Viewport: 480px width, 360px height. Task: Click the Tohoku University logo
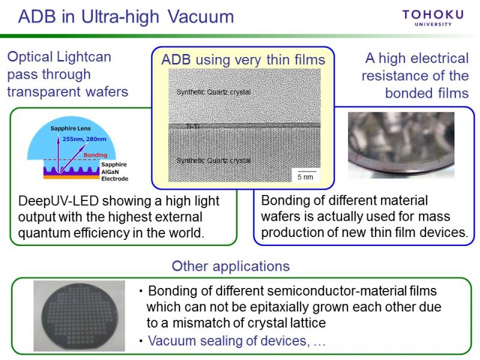pyautogui.click(x=433, y=18)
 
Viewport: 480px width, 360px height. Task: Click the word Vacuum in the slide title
pyautogui.click(x=201, y=17)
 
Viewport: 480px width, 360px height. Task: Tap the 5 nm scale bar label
pyautogui.click(x=305, y=177)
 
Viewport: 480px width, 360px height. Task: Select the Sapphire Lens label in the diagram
pyautogui.click(x=70, y=128)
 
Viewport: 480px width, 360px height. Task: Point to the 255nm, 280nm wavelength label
pyautogui.click(x=85, y=139)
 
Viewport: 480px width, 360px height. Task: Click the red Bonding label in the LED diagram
pyautogui.click(x=95, y=155)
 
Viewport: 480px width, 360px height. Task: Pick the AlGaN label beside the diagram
pyautogui.click(x=110, y=172)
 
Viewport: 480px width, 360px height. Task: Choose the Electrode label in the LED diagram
pyautogui.click(x=115, y=178)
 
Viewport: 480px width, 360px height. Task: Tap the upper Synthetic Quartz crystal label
pyautogui.click(x=214, y=92)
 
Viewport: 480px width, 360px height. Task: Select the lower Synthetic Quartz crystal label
pyautogui.click(x=214, y=160)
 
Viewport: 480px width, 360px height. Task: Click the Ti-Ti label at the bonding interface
pyautogui.click(x=193, y=126)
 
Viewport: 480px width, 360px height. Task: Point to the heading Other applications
pyautogui.click(x=230, y=266)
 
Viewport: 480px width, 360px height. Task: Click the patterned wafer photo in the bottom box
pyautogui.click(x=79, y=316)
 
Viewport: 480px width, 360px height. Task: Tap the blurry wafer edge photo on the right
pyautogui.click(x=401, y=145)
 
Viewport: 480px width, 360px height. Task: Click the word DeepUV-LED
pyautogui.click(x=58, y=201)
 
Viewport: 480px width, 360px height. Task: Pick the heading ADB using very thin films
pyautogui.click(x=243, y=59)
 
